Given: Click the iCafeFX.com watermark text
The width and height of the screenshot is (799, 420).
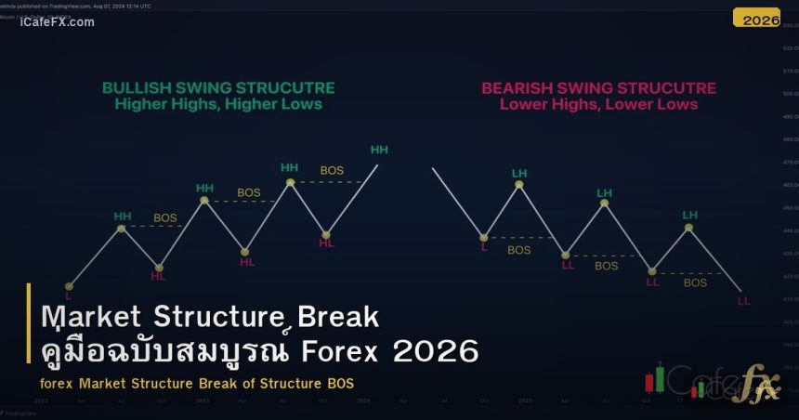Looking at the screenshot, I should (x=57, y=22).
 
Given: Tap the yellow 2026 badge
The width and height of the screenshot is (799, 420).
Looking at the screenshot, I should (x=756, y=19).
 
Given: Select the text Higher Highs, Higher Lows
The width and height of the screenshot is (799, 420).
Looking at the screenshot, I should (x=218, y=104).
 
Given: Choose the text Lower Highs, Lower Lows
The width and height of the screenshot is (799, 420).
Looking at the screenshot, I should (x=598, y=104).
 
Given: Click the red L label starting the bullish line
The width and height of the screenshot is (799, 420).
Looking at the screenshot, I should (x=68, y=296).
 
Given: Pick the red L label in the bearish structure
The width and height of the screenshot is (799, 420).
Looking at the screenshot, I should (x=483, y=248).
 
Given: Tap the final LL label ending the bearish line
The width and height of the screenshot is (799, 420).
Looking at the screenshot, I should (x=743, y=300).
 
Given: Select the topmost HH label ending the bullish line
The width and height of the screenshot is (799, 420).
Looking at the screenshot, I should (x=379, y=150).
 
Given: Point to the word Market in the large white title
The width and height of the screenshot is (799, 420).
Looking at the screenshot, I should (x=91, y=317).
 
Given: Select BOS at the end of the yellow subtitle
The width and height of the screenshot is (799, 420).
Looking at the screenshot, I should (x=339, y=384).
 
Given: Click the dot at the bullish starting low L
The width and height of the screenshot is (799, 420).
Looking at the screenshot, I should (x=69, y=286).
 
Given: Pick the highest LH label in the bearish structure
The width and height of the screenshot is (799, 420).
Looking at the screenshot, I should (x=518, y=173).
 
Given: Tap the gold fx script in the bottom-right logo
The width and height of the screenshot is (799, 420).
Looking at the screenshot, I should (x=755, y=387).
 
